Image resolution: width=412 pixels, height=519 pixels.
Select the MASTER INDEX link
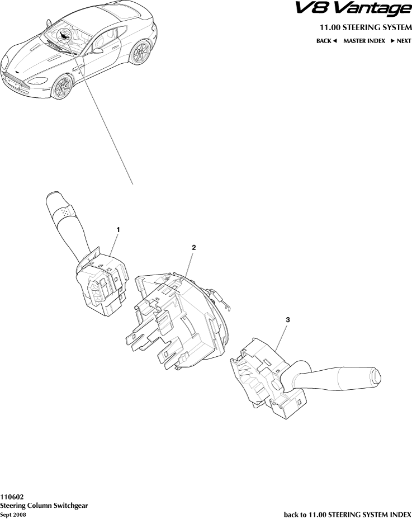(x=364, y=41)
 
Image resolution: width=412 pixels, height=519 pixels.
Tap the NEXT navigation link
(x=401, y=41)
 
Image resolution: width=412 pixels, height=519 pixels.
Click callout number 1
(x=118, y=229)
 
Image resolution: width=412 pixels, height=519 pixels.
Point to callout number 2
(x=193, y=247)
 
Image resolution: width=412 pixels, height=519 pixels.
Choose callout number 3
(x=287, y=319)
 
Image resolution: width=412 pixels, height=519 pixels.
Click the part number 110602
(x=12, y=497)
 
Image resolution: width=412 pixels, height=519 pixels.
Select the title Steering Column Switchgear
(x=44, y=505)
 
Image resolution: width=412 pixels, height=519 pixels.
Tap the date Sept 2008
(x=13, y=513)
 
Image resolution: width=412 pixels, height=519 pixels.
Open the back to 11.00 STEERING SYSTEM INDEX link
(x=348, y=513)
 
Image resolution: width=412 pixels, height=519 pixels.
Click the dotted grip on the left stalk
(x=67, y=212)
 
